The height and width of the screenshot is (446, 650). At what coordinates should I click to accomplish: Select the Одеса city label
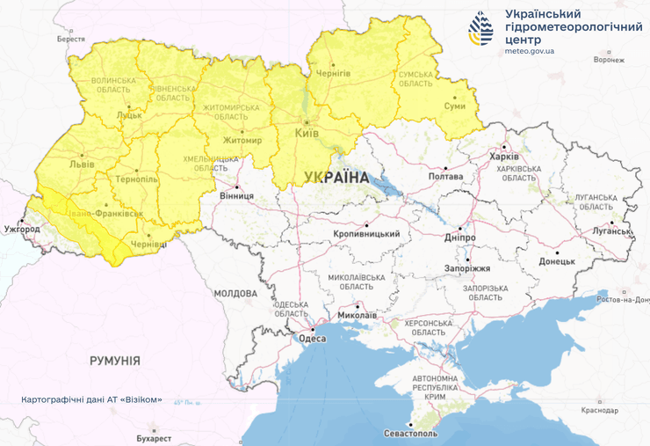click(x=312, y=338)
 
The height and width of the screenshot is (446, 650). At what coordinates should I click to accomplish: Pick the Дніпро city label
click(x=460, y=238)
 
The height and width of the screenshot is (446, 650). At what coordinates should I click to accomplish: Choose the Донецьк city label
click(x=556, y=261)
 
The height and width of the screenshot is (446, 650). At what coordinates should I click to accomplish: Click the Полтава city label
click(x=444, y=176)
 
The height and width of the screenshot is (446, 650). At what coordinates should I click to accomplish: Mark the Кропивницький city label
click(x=367, y=234)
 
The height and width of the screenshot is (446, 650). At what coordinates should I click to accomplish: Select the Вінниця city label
click(x=236, y=195)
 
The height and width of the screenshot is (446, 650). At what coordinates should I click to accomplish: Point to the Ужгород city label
click(x=22, y=230)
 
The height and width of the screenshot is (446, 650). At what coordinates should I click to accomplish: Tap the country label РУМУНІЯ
click(x=114, y=361)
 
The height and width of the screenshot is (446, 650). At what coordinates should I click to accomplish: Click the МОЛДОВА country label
click(x=235, y=293)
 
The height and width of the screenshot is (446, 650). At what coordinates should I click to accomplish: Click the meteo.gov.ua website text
click(x=530, y=51)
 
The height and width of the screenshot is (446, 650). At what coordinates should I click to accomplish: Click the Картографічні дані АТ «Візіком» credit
click(x=92, y=399)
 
